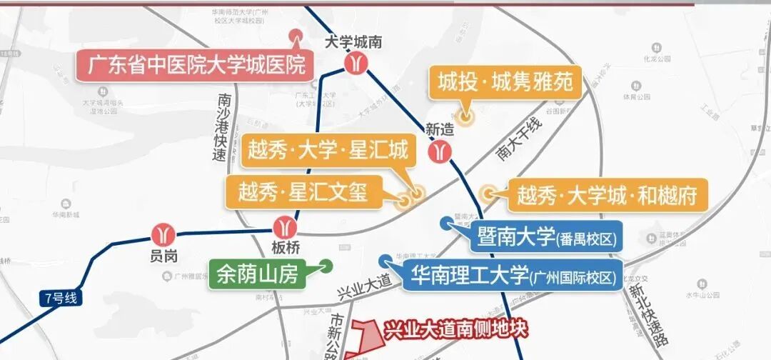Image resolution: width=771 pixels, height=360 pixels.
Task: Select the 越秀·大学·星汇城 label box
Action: pyautogui.click(x=328, y=151)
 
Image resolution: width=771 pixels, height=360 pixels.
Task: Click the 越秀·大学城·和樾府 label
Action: pyautogui.click(x=606, y=195)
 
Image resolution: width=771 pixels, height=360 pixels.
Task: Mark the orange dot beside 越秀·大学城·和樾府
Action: pyautogui.click(x=488, y=193)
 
